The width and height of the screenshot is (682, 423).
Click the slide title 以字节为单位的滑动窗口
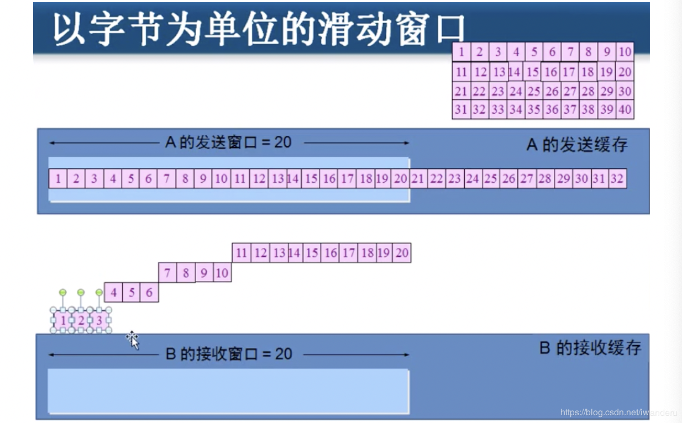(259, 29)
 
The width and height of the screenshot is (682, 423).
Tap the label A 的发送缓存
(577, 145)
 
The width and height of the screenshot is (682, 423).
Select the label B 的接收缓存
(590, 348)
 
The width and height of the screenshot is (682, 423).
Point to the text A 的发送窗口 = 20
(228, 142)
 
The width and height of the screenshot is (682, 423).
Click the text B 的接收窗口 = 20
(229, 354)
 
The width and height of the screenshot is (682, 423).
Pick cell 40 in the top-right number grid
(625, 109)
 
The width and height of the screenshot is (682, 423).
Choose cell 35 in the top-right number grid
(533, 109)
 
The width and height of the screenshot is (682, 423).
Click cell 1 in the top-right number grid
(461, 52)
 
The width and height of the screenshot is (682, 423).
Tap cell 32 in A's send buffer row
(617, 178)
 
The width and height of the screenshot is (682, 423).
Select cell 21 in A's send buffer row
(418, 178)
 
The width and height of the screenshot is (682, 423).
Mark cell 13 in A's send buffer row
(278, 178)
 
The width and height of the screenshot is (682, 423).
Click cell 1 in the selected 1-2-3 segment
(63, 320)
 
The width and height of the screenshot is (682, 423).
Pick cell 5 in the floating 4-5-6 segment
(132, 292)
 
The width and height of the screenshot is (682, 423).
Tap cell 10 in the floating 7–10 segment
(222, 273)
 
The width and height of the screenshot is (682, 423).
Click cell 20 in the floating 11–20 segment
(402, 253)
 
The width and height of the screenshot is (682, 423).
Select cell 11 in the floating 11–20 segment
(242, 253)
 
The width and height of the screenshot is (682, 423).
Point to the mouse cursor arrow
(133, 339)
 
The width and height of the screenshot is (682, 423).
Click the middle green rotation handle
(81, 292)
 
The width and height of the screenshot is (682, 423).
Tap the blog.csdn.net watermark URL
(618, 413)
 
